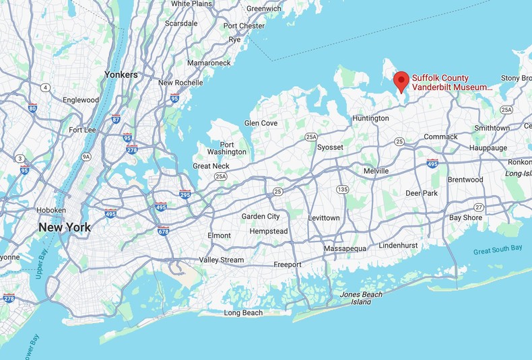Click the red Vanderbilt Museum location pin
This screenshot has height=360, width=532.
click(401, 81)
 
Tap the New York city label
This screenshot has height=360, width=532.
click(64, 227)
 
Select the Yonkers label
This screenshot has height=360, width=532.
click(121, 75)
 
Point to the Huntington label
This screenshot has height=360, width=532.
click(370, 118)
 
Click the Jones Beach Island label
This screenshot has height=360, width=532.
click(361, 298)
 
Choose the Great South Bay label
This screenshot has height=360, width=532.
click(498, 249)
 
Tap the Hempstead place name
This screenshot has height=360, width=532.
click(268, 231)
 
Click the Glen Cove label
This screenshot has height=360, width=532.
click(261, 123)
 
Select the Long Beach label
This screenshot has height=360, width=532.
click(243, 313)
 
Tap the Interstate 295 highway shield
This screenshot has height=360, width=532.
click(185, 195)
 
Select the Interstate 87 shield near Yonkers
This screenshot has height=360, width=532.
click(116, 119)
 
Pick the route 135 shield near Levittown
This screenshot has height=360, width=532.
click(343, 189)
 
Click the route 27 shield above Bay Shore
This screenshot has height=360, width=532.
click(479, 207)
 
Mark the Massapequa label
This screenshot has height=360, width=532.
click(345, 248)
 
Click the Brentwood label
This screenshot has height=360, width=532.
click(466, 180)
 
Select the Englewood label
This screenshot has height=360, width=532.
click(81, 100)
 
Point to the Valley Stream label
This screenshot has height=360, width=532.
click(222, 260)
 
